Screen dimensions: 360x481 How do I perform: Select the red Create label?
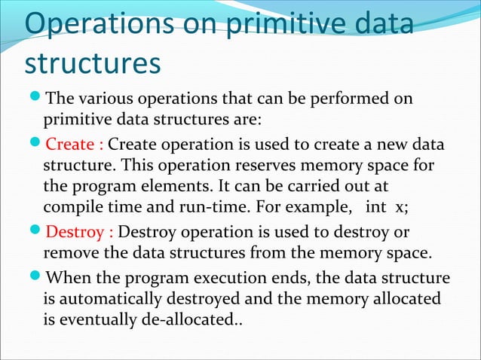click(x=75, y=145)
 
